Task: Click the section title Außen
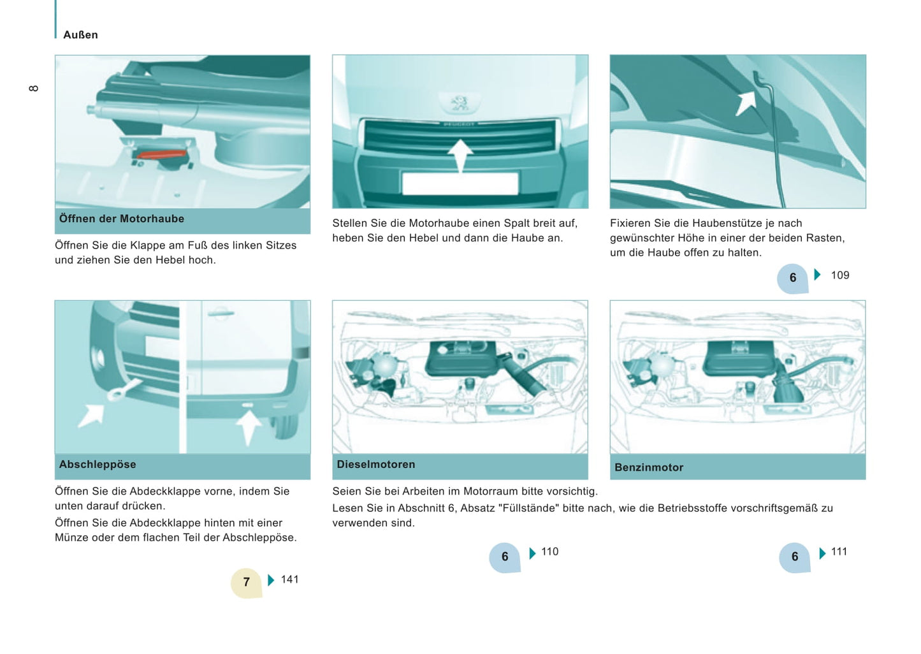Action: pyautogui.click(x=80, y=35)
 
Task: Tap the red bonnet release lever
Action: pyautogui.click(x=161, y=154)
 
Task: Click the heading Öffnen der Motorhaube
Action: pyautogui.click(x=122, y=219)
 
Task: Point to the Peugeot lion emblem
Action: pyautogui.click(x=460, y=102)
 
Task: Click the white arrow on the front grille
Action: pyautogui.click(x=460, y=155)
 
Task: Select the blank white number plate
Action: pyautogui.click(x=460, y=184)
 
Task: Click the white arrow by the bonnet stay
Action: pyautogui.click(x=746, y=102)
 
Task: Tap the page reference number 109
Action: pyautogui.click(x=840, y=275)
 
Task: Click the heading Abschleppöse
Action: pyautogui.click(x=98, y=465)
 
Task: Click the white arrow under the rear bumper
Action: pyautogui.click(x=248, y=425)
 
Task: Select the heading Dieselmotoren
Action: pyautogui.click(x=376, y=465)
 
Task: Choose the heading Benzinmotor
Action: pyautogui.click(x=649, y=467)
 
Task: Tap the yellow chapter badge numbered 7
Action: pyautogui.click(x=247, y=582)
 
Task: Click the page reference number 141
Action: pyautogui.click(x=290, y=579)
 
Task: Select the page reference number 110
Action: pyautogui.click(x=550, y=552)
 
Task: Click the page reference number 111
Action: pyautogui.click(x=839, y=552)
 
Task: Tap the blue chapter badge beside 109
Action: pyautogui.click(x=793, y=278)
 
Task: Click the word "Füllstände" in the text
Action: pyautogui.click(x=528, y=508)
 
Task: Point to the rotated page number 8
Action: pyautogui.click(x=34, y=88)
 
